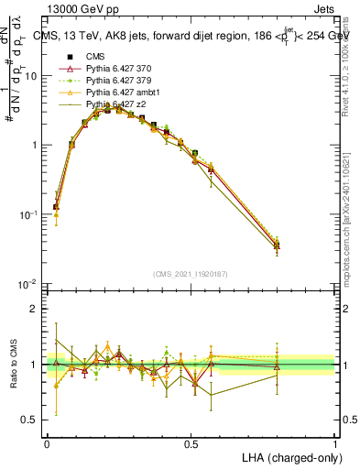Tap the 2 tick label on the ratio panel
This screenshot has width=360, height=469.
[x=35, y=309]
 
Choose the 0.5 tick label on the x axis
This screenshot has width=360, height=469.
[x=191, y=443]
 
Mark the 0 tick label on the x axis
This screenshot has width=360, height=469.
[x=47, y=443]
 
